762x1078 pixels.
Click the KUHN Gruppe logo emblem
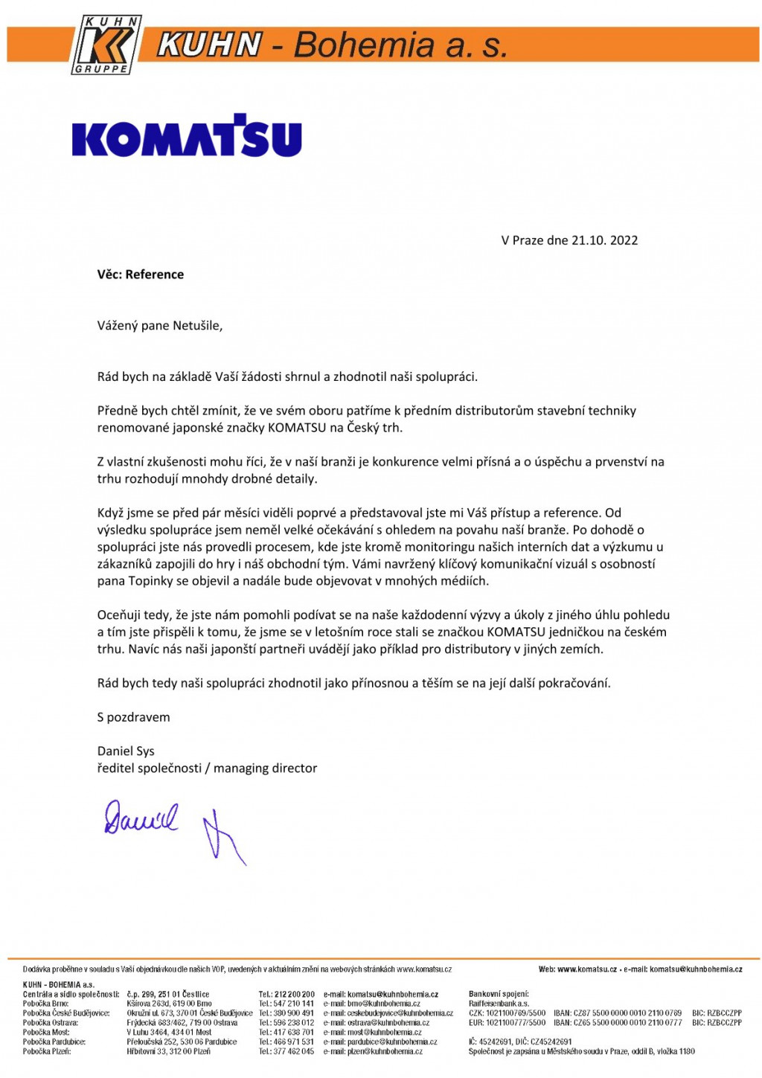coord(105,45)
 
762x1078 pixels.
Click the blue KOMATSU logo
coord(187,136)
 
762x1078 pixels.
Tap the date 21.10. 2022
coord(604,240)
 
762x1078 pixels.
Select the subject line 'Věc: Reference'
coord(140,275)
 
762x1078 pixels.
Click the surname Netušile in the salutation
coord(197,326)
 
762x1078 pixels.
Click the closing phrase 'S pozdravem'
coord(133,717)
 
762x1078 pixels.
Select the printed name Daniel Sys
coord(126,751)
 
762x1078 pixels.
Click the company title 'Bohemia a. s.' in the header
coord(400,46)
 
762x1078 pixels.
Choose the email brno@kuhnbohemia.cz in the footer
coord(383,1004)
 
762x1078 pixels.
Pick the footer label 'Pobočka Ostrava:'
coord(50,1023)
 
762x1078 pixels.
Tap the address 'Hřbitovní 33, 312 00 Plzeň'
coord(168,1052)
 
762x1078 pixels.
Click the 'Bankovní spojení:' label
coord(499,994)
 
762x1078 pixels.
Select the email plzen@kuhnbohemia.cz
coord(385,1052)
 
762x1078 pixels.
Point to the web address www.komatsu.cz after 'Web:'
coord(586,969)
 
